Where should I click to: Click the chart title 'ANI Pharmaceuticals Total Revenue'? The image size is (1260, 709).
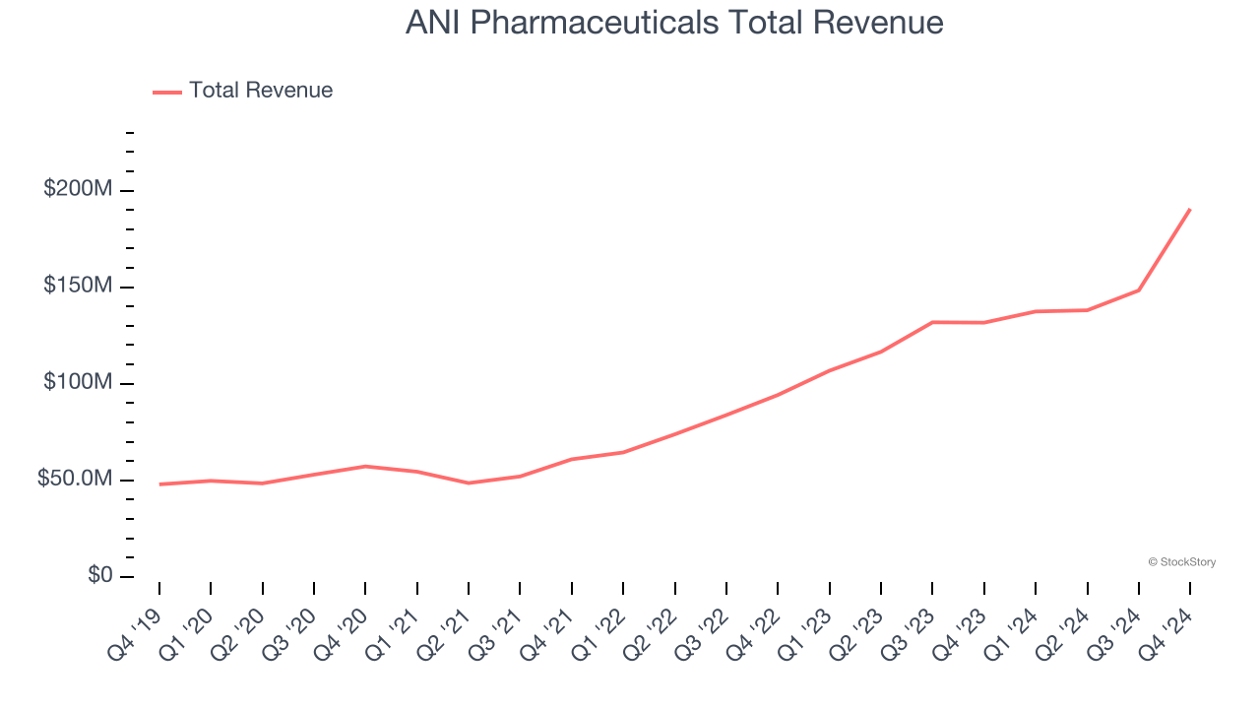[x=674, y=23]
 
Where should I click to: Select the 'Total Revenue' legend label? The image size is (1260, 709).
[x=261, y=91]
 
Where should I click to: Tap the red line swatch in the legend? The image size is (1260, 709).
[x=167, y=92]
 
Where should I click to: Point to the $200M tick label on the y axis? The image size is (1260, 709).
[x=78, y=189]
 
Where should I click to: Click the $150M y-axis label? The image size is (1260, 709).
[x=78, y=286]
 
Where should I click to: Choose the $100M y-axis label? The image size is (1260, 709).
[x=78, y=382]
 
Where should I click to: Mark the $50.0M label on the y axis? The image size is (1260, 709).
[x=76, y=479]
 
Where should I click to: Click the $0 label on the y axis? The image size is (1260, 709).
[x=100, y=575]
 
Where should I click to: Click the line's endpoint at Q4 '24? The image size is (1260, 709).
[x=1190, y=209]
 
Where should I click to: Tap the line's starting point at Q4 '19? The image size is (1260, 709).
[x=159, y=484]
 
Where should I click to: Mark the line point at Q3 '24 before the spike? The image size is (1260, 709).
[x=1139, y=290]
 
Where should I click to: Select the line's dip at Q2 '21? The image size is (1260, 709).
[x=469, y=483]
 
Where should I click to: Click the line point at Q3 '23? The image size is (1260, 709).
[x=932, y=322]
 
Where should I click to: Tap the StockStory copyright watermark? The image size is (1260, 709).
[x=1181, y=562]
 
